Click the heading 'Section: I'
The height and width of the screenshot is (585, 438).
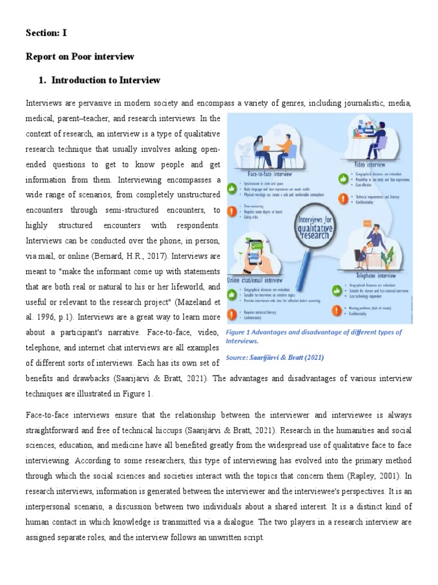pyautogui.click(x=46, y=33)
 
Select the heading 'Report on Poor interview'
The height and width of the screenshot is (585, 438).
pyautogui.click(x=80, y=57)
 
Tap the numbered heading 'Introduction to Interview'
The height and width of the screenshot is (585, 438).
pyautogui.click(x=106, y=81)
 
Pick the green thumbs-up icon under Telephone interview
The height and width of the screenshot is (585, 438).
pyautogui.click(x=336, y=291)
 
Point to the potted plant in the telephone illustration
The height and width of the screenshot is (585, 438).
pyautogui.click(x=388, y=257)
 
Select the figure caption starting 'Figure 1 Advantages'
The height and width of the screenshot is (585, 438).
pyautogui.click(x=314, y=336)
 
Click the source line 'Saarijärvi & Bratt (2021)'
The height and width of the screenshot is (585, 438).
pyautogui.click(x=275, y=358)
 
